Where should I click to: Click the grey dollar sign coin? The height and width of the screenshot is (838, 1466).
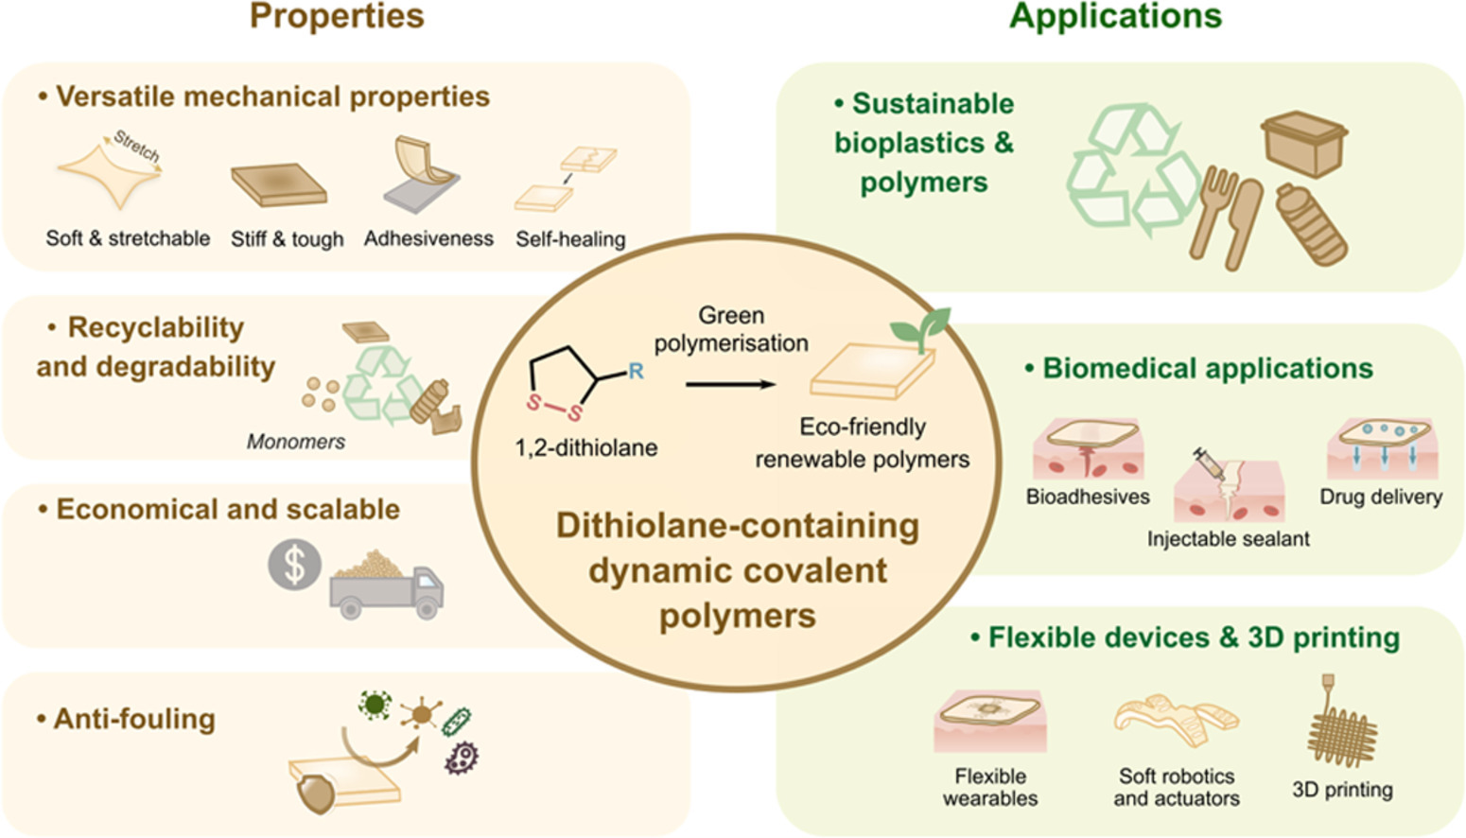(x=294, y=565)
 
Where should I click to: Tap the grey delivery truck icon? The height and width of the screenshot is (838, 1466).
(x=386, y=588)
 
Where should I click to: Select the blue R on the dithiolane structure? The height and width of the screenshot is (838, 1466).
(x=636, y=371)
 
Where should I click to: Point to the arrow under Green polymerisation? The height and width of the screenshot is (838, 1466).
(x=730, y=385)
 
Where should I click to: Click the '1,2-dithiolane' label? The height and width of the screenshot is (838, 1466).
(x=585, y=447)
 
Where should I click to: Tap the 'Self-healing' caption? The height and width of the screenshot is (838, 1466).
(x=570, y=239)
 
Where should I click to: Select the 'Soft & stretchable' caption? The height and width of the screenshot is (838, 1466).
(x=128, y=238)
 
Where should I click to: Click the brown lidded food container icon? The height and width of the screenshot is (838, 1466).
(x=1304, y=143)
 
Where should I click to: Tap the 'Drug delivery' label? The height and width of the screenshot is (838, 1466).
(x=1380, y=497)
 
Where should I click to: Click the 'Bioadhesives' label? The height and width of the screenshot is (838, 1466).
(x=1088, y=497)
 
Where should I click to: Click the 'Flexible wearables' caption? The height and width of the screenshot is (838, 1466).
(x=989, y=787)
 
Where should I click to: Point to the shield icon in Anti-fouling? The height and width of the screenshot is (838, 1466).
(x=316, y=793)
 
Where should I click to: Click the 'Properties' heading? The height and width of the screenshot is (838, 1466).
(x=337, y=17)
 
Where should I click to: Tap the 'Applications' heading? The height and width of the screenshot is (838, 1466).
(x=1115, y=17)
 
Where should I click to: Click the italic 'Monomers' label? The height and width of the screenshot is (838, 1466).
(x=295, y=442)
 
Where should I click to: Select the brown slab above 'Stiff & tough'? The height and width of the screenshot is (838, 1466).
(x=279, y=183)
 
